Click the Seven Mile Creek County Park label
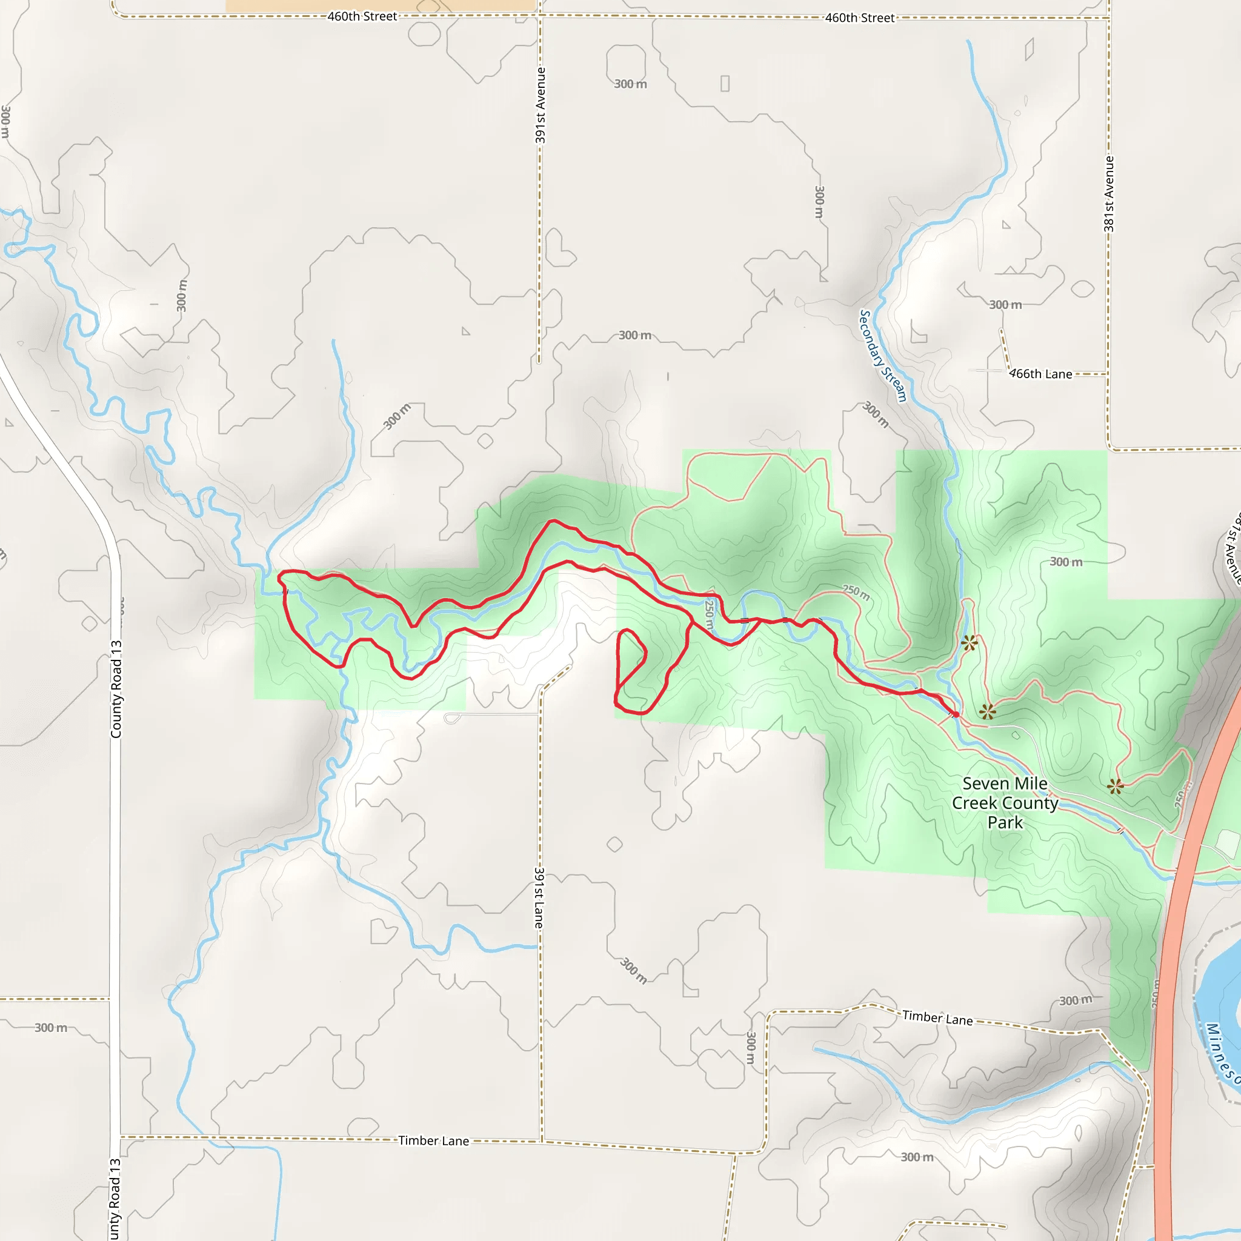point(1005,802)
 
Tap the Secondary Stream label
point(882,356)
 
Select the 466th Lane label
point(1040,374)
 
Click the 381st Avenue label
point(1109,193)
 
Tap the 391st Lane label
point(539,897)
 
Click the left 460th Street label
point(362,16)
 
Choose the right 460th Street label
point(859,18)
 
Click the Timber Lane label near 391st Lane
point(434,1140)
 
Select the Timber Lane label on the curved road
point(937,1017)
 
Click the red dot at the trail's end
point(956,714)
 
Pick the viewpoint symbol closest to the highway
point(1116,785)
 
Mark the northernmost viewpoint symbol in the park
point(970,642)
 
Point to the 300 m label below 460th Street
point(630,84)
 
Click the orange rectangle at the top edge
point(381,5)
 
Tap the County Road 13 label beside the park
point(116,689)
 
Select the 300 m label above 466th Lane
point(1005,304)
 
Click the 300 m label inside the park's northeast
point(1066,562)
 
